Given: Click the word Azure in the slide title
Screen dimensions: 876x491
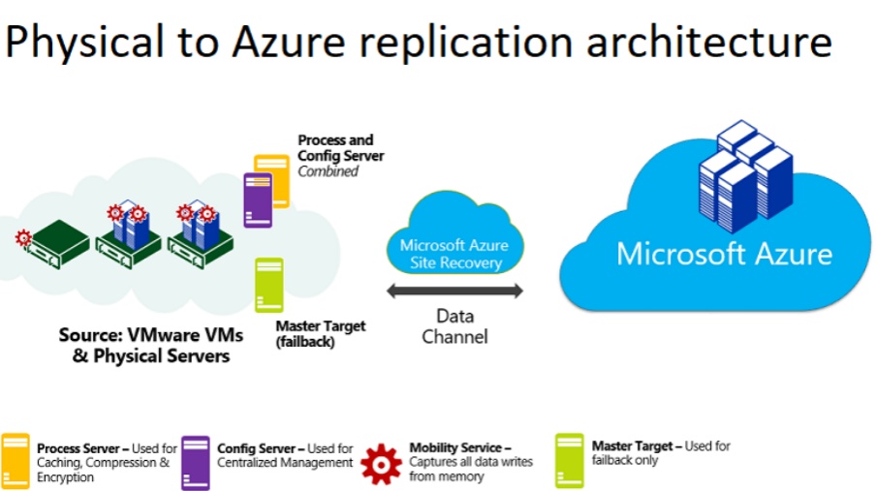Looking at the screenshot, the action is [x=290, y=42].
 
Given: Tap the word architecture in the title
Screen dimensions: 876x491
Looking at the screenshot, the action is [x=709, y=42].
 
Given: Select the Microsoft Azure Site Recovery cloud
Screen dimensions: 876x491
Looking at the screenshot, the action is [x=454, y=233].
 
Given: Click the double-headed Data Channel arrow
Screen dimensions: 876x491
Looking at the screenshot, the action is [x=454, y=291].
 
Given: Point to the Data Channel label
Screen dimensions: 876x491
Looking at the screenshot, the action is [x=454, y=326].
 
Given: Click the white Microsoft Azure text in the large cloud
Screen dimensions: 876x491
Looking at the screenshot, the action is [x=724, y=254].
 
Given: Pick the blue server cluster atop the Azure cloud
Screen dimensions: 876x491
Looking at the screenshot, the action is [x=745, y=176].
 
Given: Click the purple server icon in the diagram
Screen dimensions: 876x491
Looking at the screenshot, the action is [x=258, y=199].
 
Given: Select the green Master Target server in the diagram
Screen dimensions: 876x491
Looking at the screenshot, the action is [x=269, y=285].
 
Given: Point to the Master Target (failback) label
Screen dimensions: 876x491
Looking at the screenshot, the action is [x=321, y=333].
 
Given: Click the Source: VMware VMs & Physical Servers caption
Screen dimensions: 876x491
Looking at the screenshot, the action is [x=151, y=345].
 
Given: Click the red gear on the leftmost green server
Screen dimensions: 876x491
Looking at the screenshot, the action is [x=23, y=238].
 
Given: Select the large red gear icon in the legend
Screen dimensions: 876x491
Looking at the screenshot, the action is [x=381, y=464].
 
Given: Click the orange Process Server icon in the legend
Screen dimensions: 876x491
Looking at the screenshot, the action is [x=16, y=461].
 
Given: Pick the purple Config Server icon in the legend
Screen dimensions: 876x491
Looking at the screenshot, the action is [x=196, y=463].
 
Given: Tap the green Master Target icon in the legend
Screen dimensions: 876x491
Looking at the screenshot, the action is [x=569, y=461].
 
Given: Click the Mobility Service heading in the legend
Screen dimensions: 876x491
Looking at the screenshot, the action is [x=460, y=447].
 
